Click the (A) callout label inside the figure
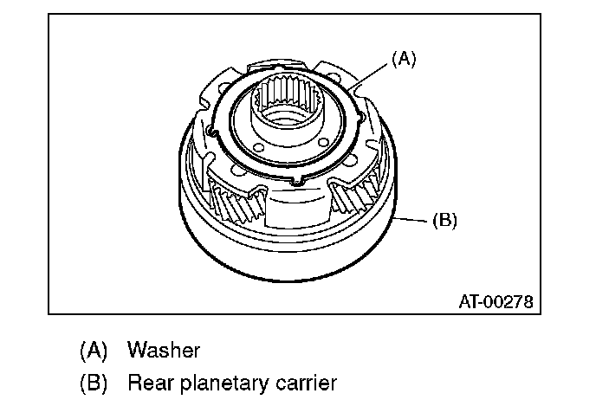404,59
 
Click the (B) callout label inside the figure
444,220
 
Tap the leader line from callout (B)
412,218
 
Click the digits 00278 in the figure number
508,302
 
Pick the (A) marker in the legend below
93,351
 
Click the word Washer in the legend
164,351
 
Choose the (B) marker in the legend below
93,382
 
